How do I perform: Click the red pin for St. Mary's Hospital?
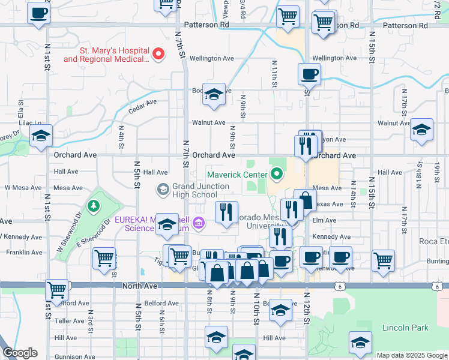point(159,55)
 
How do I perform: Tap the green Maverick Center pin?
point(277,175)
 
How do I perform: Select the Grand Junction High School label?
point(194,190)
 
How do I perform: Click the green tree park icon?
point(93,207)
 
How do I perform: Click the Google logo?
point(20,353)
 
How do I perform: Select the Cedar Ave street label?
point(142,103)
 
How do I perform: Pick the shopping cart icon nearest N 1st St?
point(56,289)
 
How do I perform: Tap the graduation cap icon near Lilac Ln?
point(41,136)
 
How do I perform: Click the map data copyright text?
point(411,355)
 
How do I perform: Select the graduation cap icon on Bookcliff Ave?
point(213,94)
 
